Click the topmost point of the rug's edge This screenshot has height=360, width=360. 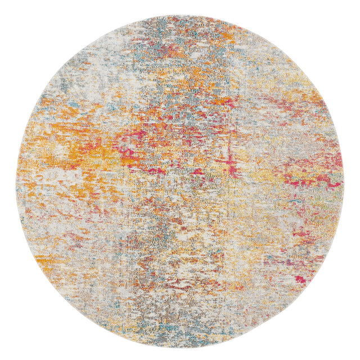[x=180, y=15]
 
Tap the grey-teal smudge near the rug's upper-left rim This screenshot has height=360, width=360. [x=62, y=84]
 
